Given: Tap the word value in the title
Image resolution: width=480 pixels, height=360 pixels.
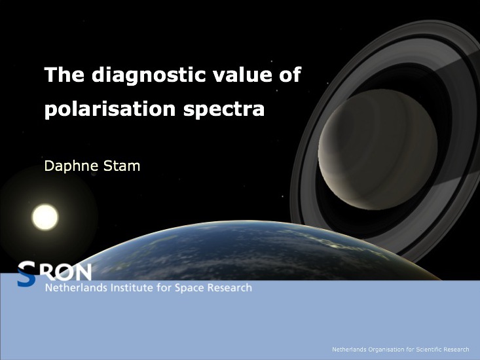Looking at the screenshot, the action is click(242, 75).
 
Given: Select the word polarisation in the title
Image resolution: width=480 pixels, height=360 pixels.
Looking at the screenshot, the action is click(110, 109).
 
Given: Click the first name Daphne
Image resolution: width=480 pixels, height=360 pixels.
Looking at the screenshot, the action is click(71, 166).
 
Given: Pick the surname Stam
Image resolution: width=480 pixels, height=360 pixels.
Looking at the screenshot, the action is click(122, 166).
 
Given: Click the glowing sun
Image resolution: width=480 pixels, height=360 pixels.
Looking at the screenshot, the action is click(45, 217).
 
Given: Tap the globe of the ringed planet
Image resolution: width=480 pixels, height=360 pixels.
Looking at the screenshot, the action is click(378, 149).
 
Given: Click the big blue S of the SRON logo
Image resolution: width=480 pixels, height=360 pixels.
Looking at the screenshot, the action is click(26, 274).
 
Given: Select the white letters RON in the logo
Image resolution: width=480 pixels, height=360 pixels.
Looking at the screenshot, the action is click(68, 272).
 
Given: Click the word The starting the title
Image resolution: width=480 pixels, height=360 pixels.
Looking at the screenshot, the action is click(64, 75).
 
